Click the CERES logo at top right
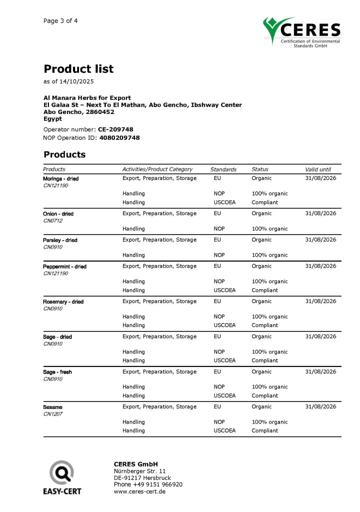[x=302, y=32]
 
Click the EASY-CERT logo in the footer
[x=62, y=478]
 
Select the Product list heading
[x=78, y=69]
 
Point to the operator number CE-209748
[x=115, y=129]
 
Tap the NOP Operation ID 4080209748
[x=120, y=137]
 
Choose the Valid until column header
[x=318, y=169]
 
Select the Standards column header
[x=223, y=169]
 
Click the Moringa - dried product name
[x=60, y=178]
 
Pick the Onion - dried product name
[x=58, y=214]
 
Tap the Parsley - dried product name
[x=60, y=240]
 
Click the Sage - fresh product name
[x=57, y=372]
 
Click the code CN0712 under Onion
[x=52, y=220]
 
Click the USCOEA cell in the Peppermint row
[x=224, y=290]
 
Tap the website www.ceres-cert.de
[x=139, y=491]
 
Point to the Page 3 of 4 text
[x=60, y=21]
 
